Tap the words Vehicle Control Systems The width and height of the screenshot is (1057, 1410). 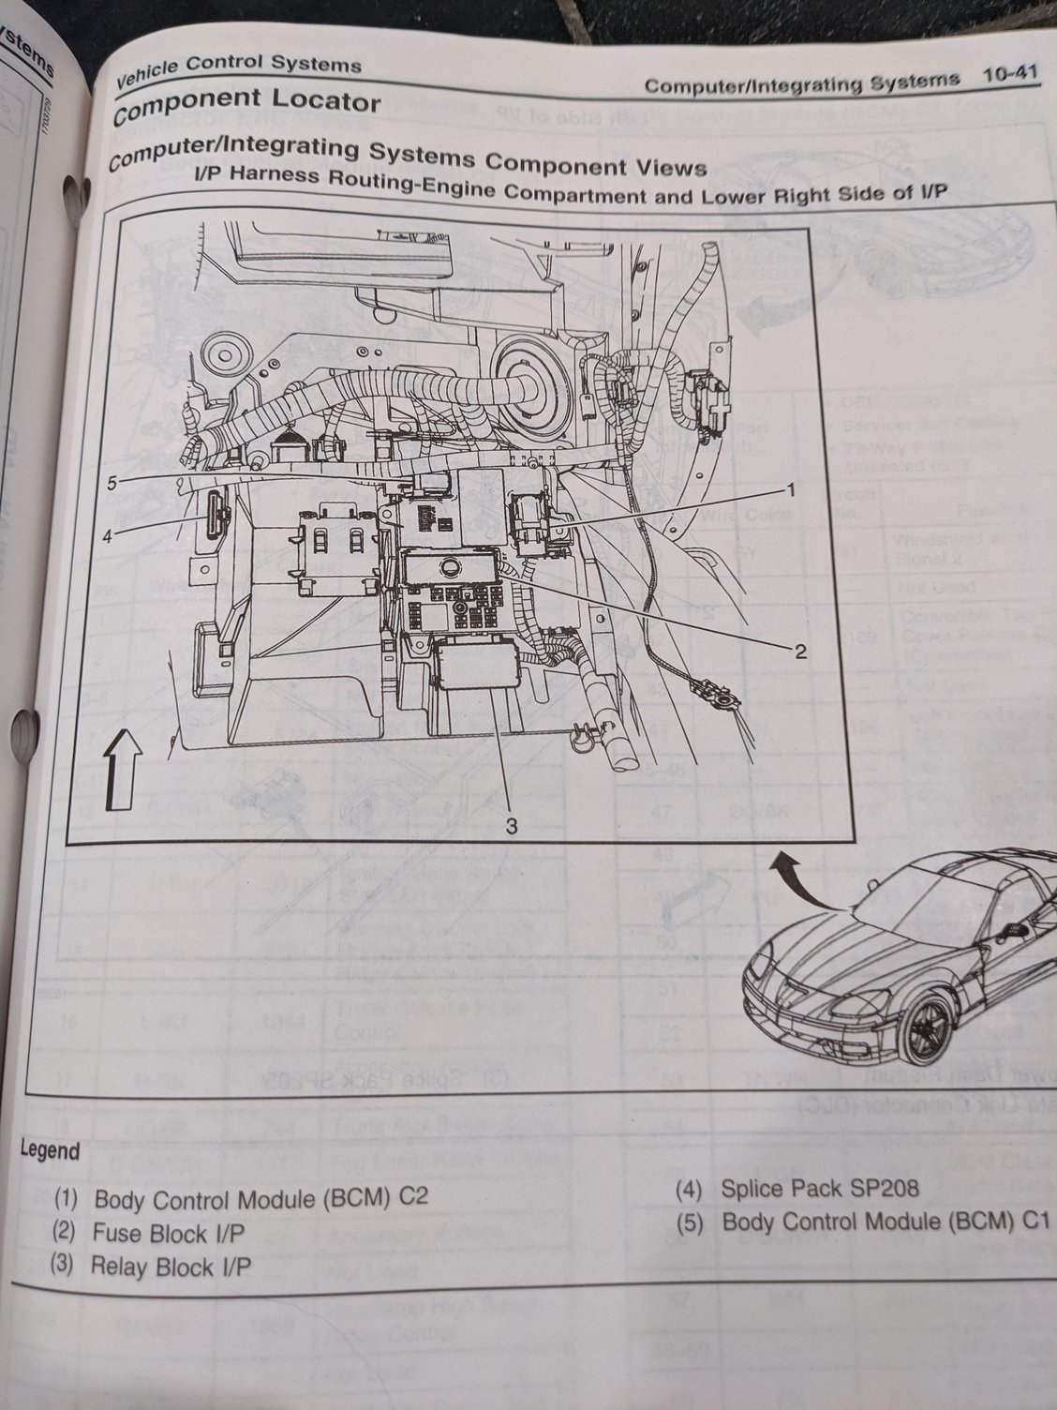[x=238, y=67]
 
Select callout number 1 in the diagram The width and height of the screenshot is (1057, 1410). [x=790, y=490]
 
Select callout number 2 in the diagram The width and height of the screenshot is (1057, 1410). [x=799, y=652]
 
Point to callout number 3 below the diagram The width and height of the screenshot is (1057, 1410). [x=512, y=825]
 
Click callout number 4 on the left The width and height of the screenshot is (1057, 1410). [x=108, y=536]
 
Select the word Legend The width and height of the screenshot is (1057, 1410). [x=50, y=1150]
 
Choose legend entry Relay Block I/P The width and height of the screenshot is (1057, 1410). [x=171, y=1267]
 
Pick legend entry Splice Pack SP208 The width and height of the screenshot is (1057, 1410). [x=819, y=1190]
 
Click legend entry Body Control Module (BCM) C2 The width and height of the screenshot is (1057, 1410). [x=261, y=1199]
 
